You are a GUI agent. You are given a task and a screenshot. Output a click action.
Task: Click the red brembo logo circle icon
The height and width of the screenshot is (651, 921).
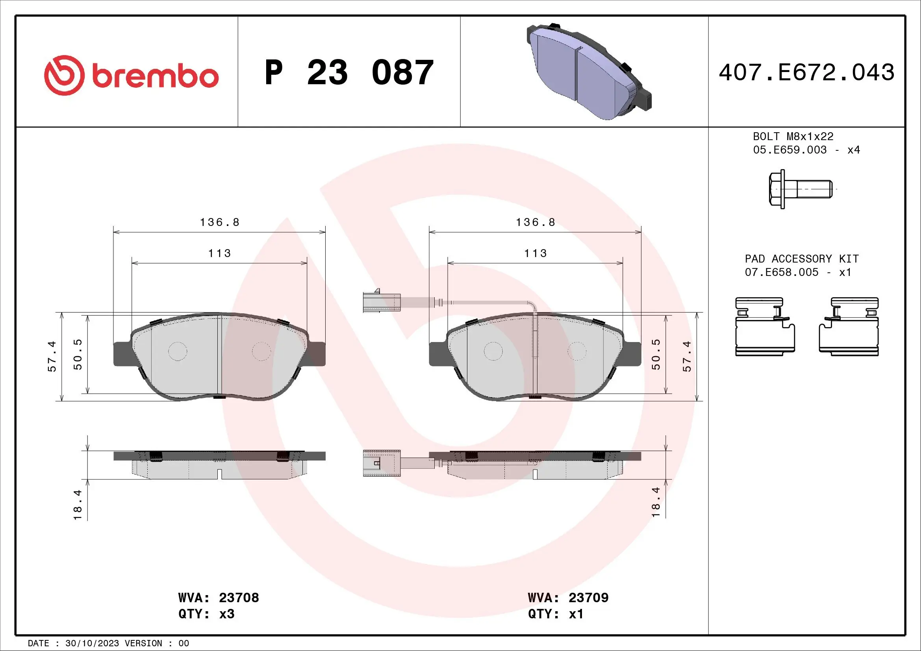point(64,75)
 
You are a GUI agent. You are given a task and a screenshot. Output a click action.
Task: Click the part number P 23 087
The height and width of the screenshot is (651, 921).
point(348,72)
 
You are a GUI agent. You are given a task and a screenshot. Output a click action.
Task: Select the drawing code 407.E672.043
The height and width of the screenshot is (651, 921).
point(806,72)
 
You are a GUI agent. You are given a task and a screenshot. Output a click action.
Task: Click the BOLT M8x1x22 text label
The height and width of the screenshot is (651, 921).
point(793,137)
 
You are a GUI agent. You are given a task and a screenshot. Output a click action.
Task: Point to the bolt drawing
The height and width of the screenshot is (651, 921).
point(800,189)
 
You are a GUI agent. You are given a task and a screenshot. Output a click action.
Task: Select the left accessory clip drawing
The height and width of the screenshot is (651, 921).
point(765,327)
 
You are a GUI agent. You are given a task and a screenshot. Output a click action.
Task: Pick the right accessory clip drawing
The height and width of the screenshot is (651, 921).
point(849,327)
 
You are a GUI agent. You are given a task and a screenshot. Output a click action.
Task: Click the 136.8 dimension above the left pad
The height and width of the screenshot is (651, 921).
point(219,222)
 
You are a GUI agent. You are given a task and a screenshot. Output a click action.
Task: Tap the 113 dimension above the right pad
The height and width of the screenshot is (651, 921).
point(535,253)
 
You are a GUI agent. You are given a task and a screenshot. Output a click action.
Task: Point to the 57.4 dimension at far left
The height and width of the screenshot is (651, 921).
point(52,356)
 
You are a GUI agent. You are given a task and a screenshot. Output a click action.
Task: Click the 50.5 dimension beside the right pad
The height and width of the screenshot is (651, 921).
point(656,354)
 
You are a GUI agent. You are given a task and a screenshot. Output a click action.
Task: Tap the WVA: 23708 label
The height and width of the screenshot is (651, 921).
point(219,598)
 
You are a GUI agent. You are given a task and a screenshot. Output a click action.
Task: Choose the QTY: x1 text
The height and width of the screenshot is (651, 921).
point(556,614)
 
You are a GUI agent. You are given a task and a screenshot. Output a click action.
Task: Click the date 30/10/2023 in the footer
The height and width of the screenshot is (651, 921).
point(92,644)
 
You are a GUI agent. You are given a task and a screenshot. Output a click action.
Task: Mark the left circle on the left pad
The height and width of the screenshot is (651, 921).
point(177,351)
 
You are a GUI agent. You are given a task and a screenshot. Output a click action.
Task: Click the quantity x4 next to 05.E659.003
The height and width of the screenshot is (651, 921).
point(853,150)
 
